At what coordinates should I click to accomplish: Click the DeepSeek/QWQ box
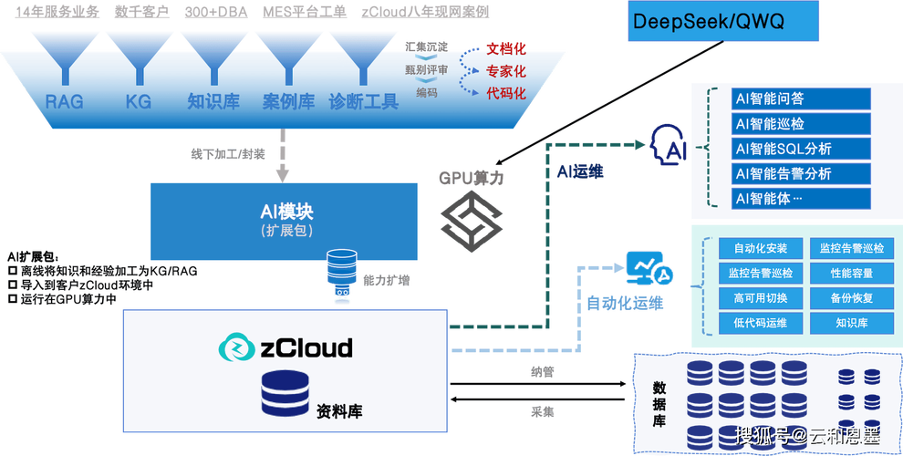pos(709,21)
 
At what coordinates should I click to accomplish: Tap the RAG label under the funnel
pos(65,102)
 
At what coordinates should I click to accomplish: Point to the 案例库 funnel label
pos(288,102)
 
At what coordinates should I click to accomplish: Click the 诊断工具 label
pos(364,102)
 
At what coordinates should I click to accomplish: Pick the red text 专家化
pos(506,70)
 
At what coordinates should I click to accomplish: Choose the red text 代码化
pos(506,93)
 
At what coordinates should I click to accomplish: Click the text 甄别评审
pos(426,70)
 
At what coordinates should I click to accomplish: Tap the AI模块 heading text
pos(286,211)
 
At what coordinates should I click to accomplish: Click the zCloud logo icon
pos(236,347)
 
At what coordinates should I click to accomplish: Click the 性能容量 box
pos(851,273)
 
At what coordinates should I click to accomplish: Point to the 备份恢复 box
pos(851,297)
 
